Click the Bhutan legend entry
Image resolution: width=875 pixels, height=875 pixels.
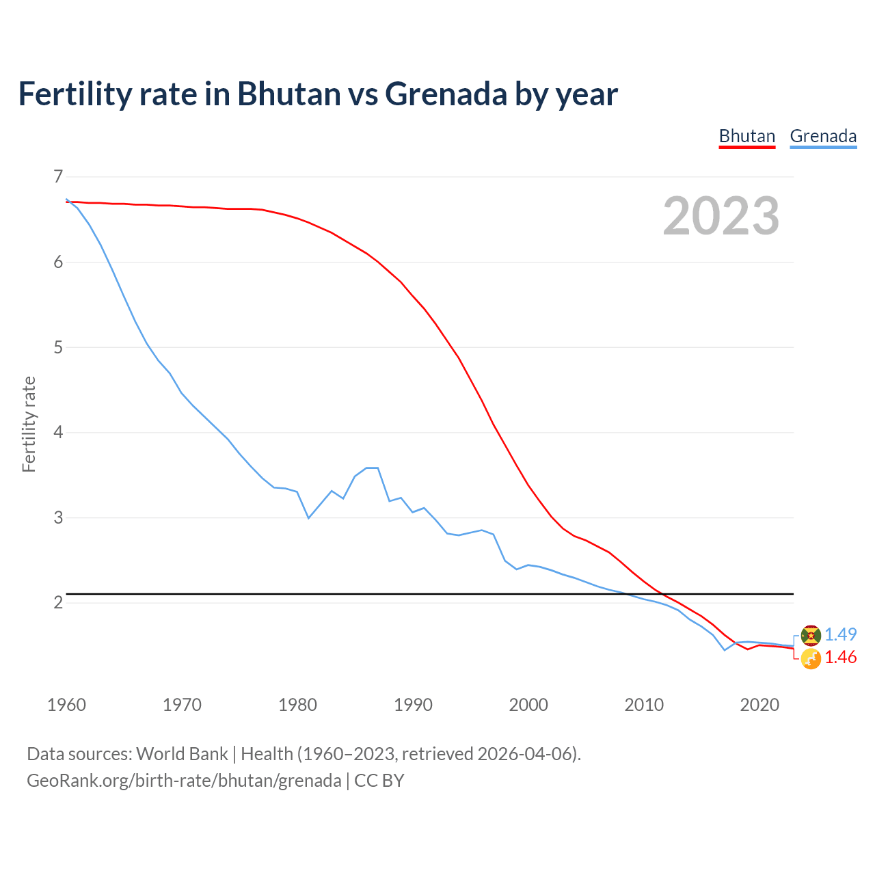pos(746,136)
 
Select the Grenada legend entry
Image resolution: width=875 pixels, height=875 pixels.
pos(823,136)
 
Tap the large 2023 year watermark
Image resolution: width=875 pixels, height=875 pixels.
pos(721,216)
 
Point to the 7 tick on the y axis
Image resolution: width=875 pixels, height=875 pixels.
pos(57,177)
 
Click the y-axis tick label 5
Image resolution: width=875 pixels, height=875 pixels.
pos(57,347)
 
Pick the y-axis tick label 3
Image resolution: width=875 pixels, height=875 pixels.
pos(57,517)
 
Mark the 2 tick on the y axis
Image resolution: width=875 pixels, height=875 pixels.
pos(57,602)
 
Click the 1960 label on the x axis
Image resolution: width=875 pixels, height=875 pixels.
pos(66,705)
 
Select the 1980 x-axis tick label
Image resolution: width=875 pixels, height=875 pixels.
pos(297,705)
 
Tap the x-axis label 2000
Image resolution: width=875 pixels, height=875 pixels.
pos(528,705)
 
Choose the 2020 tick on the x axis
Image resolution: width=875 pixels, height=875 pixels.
pos(759,705)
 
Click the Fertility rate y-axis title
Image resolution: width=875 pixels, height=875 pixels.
pos(29,424)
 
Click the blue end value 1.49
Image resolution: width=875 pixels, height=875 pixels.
pos(840,634)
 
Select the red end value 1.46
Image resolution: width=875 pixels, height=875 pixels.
pos(840,658)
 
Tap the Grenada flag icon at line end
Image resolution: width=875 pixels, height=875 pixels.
pos(811,635)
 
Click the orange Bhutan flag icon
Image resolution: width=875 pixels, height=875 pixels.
pos(811,659)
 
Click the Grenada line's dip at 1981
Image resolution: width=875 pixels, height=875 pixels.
pos(308,518)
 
